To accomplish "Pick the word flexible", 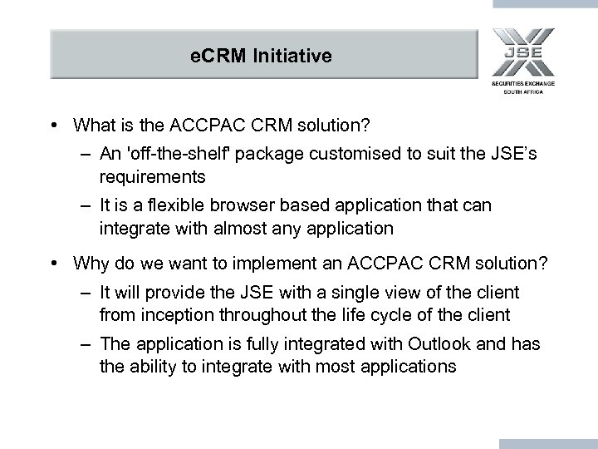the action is pos(185,204).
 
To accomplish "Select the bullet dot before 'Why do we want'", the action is pos(52,264).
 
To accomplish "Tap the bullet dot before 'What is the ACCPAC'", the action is pos(52,126).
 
